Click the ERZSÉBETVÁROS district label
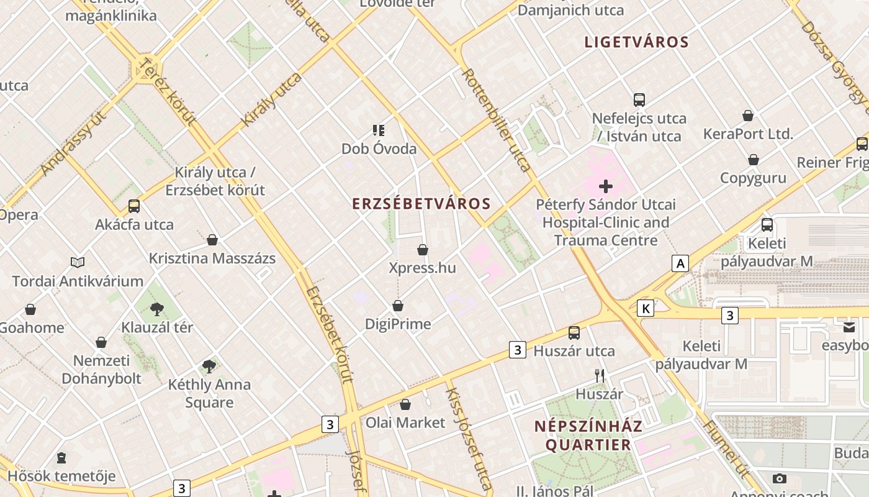click(421, 204)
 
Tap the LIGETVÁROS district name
click(636, 42)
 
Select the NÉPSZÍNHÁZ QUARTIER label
click(588, 435)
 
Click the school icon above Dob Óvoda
click(379, 130)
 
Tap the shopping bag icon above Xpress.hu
click(423, 250)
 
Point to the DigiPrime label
click(398, 324)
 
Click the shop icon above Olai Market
click(405, 405)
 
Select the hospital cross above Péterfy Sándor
click(606, 186)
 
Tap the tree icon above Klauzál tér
click(157, 309)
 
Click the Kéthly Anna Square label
click(209, 393)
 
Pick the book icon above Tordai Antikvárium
click(78, 263)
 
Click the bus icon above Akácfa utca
click(134, 206)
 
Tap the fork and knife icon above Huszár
click(600, 376)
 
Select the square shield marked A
click(680, 264)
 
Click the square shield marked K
click(646, 308)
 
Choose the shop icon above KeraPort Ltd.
click(748, 116)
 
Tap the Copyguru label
click(753, 178)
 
